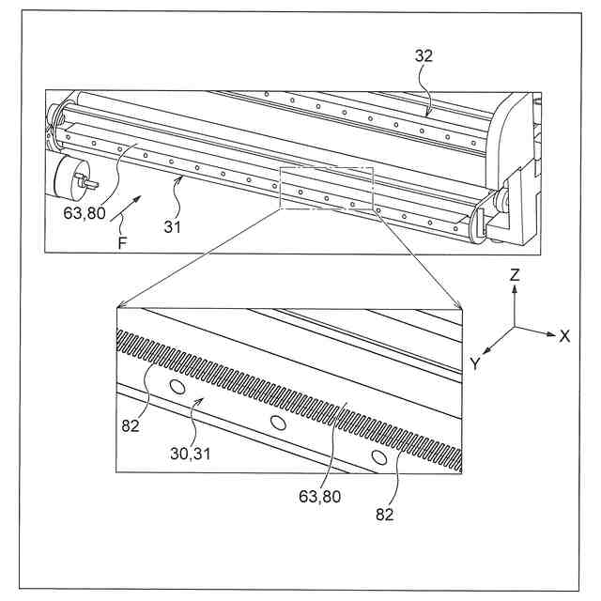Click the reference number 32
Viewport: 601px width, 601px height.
424,55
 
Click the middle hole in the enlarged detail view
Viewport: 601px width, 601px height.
277,424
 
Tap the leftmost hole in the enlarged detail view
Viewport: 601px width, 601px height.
176,387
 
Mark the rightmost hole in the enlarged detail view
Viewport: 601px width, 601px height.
378,457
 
